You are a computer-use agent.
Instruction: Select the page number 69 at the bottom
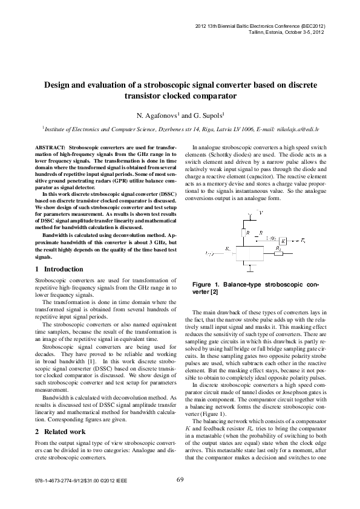click(x=180, y=480)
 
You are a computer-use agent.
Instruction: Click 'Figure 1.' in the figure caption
click(x=205, y=284)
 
